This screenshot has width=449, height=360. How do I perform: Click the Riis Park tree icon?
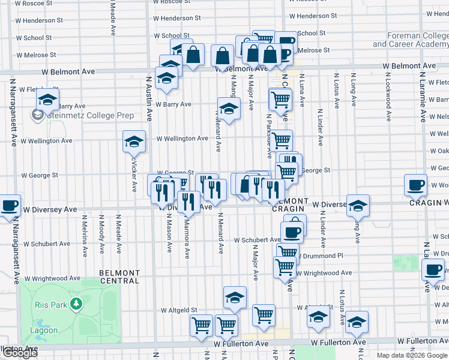(x=76, y=305)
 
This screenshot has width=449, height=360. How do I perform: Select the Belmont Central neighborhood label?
(x=119, y=277)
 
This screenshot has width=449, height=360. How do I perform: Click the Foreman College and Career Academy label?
(x=410, y=40)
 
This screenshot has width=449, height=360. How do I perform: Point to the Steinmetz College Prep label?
(x=79, y=113)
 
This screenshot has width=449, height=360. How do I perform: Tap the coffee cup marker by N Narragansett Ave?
(x=8, y=206)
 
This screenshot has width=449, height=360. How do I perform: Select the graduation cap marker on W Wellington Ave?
(x=134, y=142)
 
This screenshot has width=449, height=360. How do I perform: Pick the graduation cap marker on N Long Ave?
(x=358, y=206)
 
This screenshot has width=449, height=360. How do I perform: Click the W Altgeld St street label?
(x=178, y=310)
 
